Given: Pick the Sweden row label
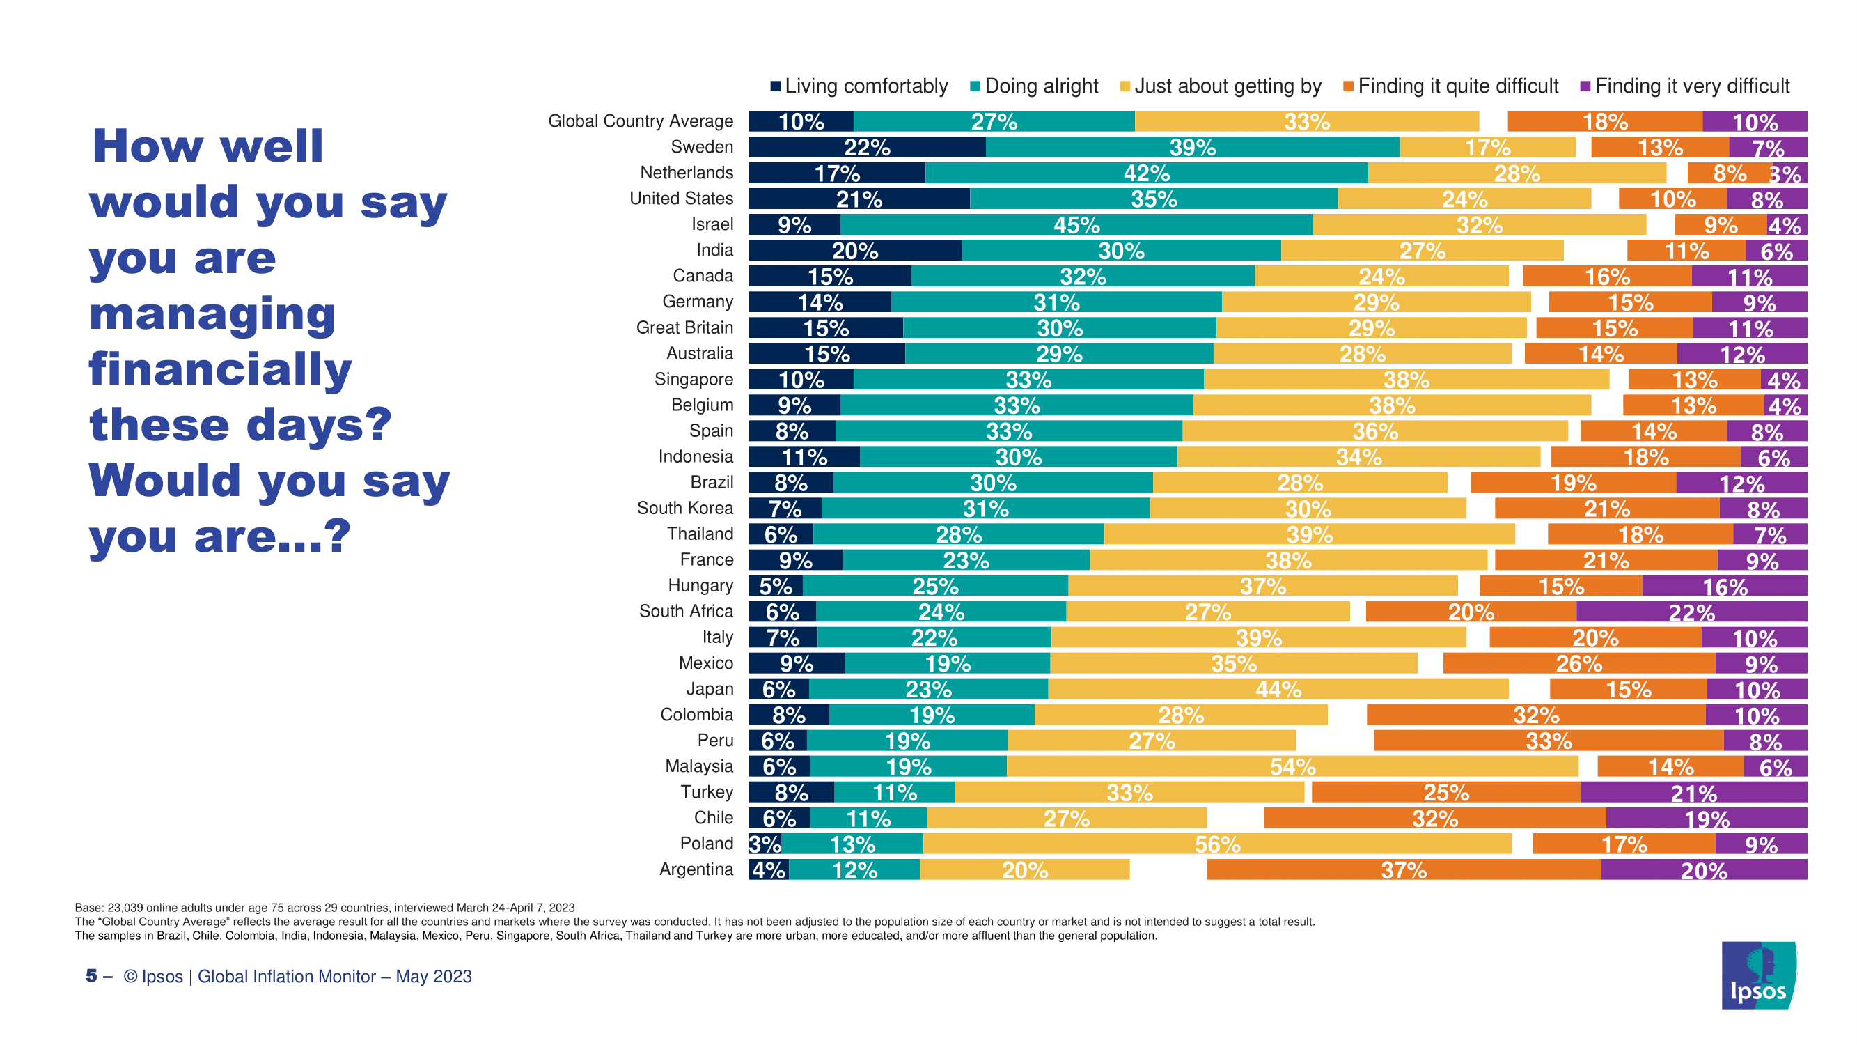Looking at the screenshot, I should click(x=701, y=147).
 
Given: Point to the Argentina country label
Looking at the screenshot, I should click(x=696, y=869).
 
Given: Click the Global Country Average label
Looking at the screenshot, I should click(x=640, y=121).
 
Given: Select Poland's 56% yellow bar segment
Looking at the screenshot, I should click(x=1217, y=844).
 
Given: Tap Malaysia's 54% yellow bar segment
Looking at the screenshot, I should click(x=1292, y=766).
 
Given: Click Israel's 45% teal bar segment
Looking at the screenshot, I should click(x=1076, y=225).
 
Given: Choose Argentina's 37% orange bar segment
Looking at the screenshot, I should click(x=1403, y=869).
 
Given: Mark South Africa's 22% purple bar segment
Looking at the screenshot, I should click(x=1691, y=612).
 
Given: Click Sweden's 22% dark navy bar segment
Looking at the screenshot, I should click(x=866, y=147).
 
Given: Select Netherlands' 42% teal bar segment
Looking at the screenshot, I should click(x=1146, y=173).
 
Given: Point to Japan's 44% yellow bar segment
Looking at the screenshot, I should click(x=1278, y=690).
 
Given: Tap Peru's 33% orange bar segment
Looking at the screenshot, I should click(x=1548, y=741).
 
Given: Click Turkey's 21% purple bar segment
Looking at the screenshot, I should click(x=1693, y=793).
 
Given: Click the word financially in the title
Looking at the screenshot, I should click(x=220, y=369).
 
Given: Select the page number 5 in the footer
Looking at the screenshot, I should click(x=91, y=976).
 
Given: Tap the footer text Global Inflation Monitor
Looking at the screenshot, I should click(x=286, y=977).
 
